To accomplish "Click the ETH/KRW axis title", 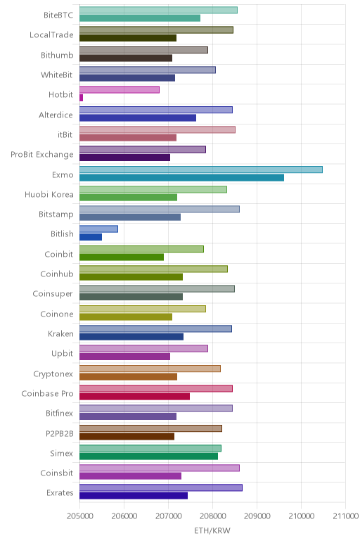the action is (x=212, y=530).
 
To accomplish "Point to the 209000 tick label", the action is (x=257, y=516).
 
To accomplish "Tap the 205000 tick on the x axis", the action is (x=79, y=516).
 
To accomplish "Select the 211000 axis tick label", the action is (x=345, y=516).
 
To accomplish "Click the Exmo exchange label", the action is (x=63, y=174).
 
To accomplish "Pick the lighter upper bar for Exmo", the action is (x=201, y=170).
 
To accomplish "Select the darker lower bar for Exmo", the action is (x=181, y=178).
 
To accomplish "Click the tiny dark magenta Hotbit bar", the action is (x=81, y=98).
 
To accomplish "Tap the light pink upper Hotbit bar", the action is (x=120, y=90).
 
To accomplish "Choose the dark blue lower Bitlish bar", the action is (x=91, y=237).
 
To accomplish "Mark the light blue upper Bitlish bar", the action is (x=98, y=229).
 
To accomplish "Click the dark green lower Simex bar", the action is (x=148, y=456).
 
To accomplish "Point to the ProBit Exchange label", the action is (x=42, y=155).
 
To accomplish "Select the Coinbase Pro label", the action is (x=47, y=393).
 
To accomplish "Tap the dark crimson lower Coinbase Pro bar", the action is (x=135, y=397).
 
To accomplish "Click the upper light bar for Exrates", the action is (x=161, y=487).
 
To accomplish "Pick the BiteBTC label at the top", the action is (x=58, y=15).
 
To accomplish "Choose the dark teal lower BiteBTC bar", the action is (x=140, y=18).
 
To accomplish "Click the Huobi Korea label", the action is (x=49, y=194).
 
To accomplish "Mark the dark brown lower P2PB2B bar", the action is (x=127, y=436).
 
